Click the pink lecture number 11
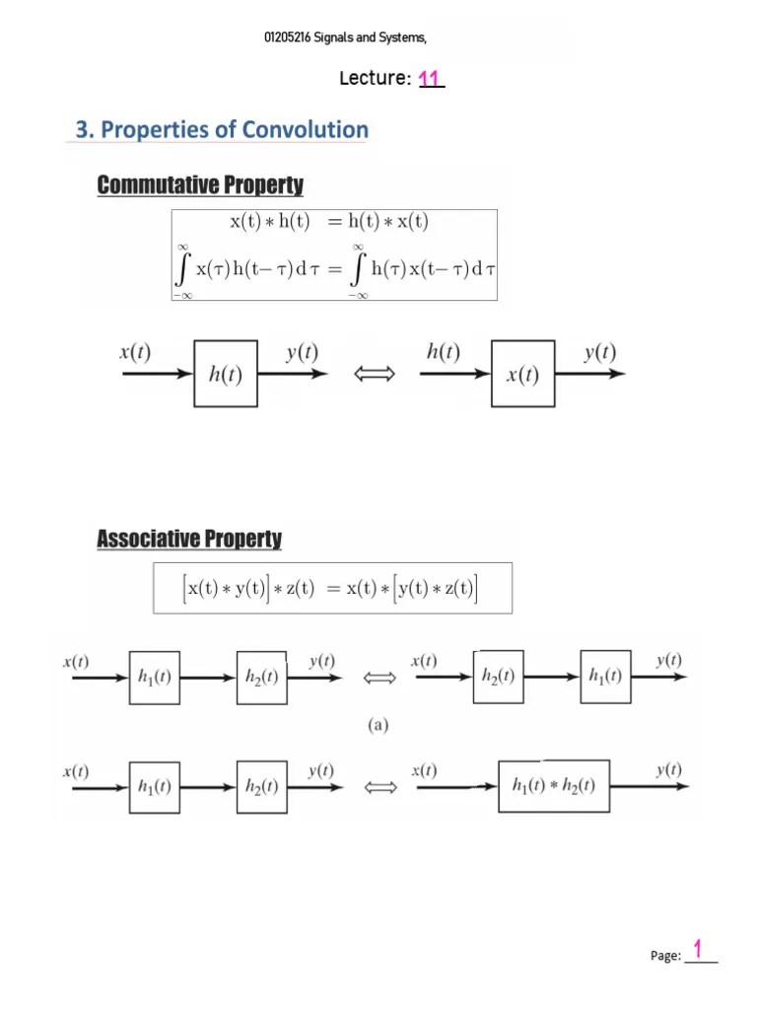431,79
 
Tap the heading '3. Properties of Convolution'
222,130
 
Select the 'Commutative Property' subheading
200,184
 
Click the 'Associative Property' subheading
189,539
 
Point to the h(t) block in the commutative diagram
226,374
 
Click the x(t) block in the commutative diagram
522,374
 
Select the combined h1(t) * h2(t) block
553,786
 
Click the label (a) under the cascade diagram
378,725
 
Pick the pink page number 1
698,950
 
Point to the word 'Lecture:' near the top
376,79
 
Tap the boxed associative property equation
333,589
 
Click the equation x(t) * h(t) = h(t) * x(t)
329,222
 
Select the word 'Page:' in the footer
666,956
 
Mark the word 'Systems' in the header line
399,38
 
